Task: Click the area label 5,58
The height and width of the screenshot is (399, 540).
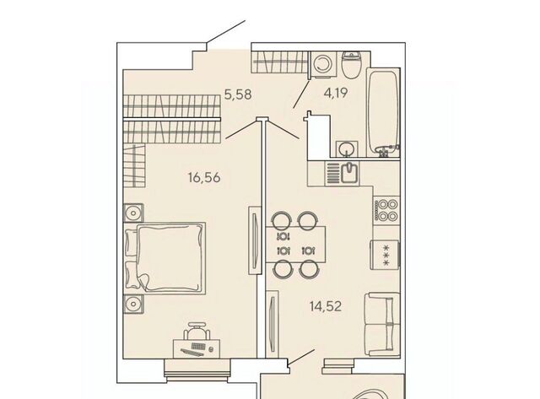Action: [238, 94]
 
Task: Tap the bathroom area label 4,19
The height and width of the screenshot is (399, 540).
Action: [336, 92]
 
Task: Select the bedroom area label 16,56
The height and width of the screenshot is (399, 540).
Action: [204, 178]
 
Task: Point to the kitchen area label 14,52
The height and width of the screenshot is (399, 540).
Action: [326, 305]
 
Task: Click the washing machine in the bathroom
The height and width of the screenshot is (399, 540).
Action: [323, 63]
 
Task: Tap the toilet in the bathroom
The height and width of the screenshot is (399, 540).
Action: [351, 65]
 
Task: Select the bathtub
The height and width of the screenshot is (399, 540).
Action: [383, 113]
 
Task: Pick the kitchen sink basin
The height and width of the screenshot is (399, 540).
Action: [350, 172]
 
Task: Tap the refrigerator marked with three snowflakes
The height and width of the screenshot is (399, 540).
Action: [385, 255]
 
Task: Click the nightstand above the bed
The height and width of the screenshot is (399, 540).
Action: [133, 213]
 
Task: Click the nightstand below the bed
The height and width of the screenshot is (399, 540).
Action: [133, 305]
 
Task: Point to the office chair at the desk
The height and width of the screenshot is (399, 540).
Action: [197, 332]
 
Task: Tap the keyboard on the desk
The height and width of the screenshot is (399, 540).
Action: [198, 346]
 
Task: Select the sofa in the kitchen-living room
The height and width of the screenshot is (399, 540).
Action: [382, 324]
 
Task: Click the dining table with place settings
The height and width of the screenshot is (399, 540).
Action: [296, 244]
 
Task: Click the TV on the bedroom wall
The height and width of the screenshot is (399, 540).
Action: [254, 240]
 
